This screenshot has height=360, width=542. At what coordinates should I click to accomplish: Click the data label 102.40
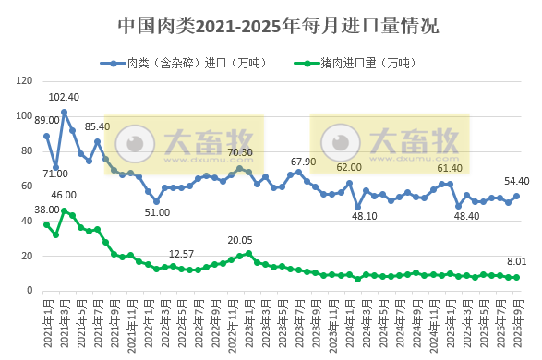point(64,97)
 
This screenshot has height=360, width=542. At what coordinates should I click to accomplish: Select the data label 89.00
point(46,120)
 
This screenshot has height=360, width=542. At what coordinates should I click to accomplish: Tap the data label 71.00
point(54,174)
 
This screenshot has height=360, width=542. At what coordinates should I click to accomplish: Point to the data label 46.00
point(64,195)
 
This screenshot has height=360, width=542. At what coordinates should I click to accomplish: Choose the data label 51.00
point(157,212)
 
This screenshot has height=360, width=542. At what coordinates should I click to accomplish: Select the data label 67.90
point(304,162)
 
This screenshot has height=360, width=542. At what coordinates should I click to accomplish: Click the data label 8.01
point(515,262)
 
